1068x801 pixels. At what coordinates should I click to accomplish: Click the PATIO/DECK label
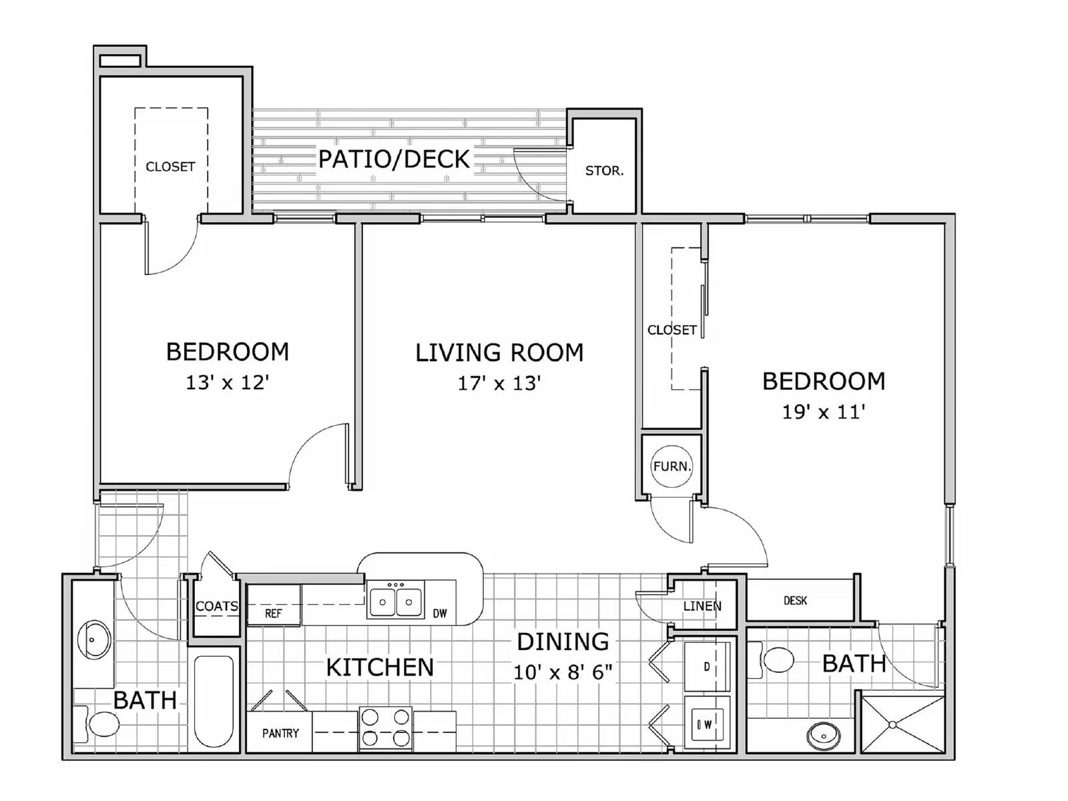click(x=394, y=160)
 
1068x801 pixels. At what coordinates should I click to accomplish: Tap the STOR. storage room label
click(x=604, y=171)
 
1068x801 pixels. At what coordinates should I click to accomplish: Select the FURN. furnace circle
click(x=672, y=466)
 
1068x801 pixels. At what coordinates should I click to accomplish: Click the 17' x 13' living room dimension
click(x=499, y=383)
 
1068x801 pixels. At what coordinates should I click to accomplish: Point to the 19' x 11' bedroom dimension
click(x=823, y=412)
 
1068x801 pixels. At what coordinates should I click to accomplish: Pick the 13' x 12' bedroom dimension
click(x=227, y=382)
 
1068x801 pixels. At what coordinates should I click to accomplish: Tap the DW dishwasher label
click(x=439, y=613)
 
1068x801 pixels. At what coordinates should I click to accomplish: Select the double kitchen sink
click(x=395, y=599)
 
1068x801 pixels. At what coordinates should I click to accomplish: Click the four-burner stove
click(x=385, y=728)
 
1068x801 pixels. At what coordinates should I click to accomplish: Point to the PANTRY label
click(x=280, y=734)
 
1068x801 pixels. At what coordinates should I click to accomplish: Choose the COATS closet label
click(x=216, y=606)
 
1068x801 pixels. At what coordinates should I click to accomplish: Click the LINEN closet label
click(x=702, y=606)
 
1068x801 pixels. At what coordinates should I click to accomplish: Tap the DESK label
click(x=795, y=601)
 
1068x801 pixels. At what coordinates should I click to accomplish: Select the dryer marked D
click(x=707, y=666)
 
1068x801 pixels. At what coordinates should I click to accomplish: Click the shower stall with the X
click(x=902, y=724)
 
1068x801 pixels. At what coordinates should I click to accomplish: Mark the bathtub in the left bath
click(x=214, y=701)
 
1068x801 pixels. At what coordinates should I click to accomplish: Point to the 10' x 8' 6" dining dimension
click(x=563, y=672)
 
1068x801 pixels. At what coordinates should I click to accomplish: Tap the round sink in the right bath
click(x=823, y=736)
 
